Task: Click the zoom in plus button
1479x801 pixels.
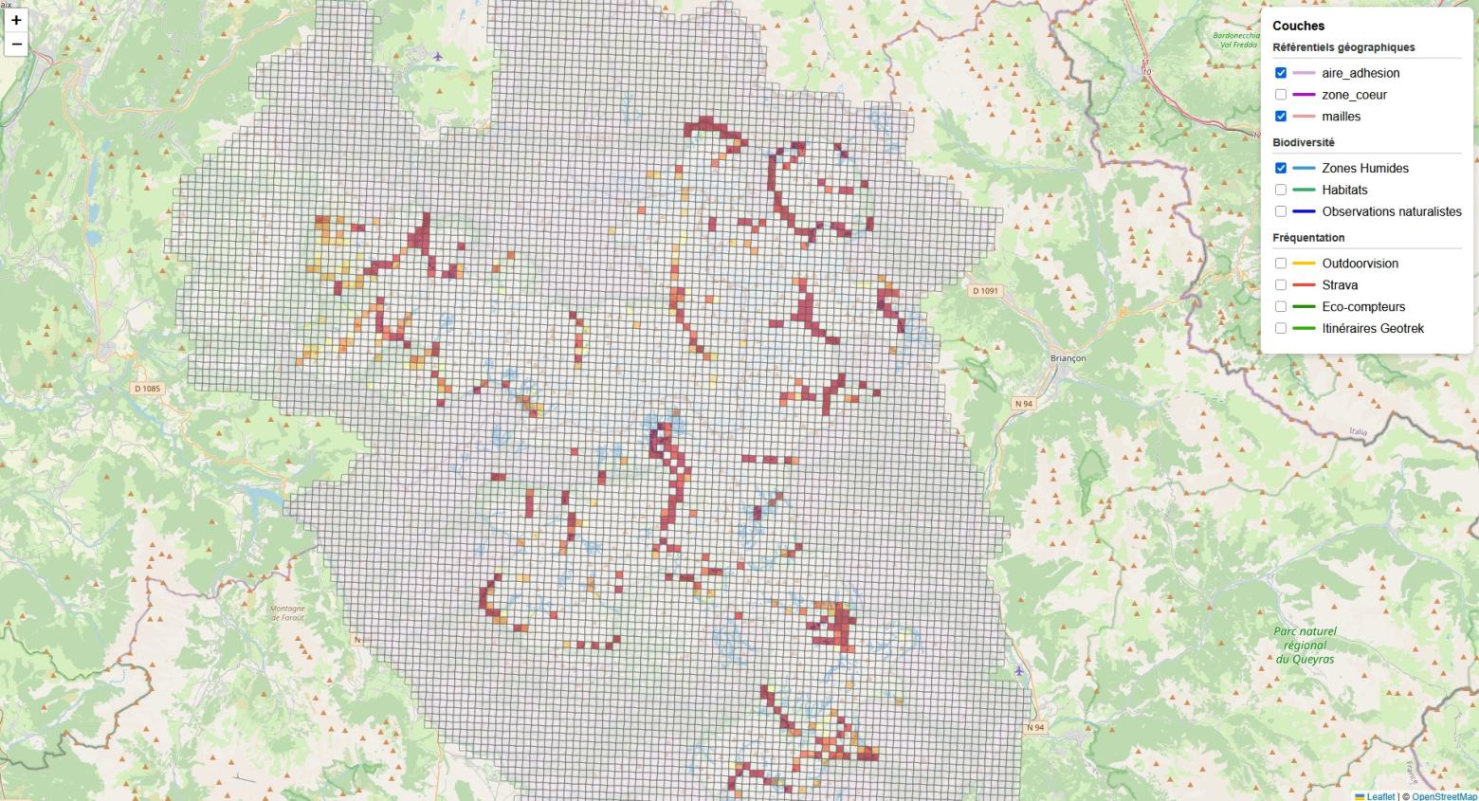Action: [x=16, y=20]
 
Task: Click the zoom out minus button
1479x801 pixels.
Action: [x=16, y=44]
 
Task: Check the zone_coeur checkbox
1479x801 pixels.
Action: [x=1281, y=95]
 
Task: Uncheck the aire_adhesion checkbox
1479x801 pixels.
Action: [x=1281, y=73]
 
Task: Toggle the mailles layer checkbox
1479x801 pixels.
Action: [x=1281, y=117]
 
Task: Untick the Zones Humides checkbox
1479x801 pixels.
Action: [x=1281, y=168]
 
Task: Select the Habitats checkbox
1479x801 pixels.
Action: [x=1281, y=190]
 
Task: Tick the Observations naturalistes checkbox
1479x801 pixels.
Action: [x=1281, y=211]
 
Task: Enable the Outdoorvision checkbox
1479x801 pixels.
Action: [x=1281, y=264]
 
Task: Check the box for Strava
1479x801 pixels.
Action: [x=1281, y=285]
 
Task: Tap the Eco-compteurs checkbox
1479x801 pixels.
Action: [x=1281, y=307]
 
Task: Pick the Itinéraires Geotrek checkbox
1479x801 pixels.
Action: [x=1281, y=329]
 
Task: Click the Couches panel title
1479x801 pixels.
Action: [x=1298, y=26]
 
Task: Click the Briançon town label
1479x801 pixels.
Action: [x=1068, y=358]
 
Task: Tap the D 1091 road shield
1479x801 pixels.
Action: [x=985, y=291]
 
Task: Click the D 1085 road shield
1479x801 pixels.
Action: [x=148, y=389]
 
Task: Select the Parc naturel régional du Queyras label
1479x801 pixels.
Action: [x=1305, y=645]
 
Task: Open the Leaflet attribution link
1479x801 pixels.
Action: [x=1379, y=796]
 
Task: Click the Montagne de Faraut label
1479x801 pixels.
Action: [x=287, y=612]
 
